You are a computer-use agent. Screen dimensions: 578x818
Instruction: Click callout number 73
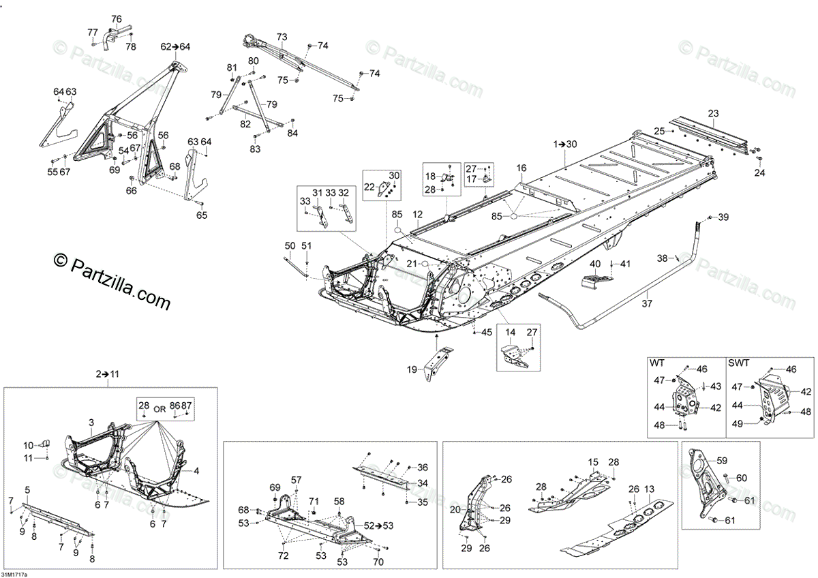pos(282,36)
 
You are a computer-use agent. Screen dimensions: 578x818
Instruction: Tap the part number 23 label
pos(713,114)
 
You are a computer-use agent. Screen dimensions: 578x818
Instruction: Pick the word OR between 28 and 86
pos(160,409)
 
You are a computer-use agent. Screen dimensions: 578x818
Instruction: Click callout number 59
pos(722,460)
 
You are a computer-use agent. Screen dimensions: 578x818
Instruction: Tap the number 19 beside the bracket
pos(412,369)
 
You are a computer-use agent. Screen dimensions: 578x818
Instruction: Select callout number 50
pos(290,245)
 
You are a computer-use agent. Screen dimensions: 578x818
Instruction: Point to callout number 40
pos(595,264)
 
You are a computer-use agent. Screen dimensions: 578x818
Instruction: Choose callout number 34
pos(423,483)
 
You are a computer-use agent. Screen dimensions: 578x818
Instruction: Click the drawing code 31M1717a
pos(15,574)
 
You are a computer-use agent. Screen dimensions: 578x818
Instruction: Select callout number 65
pos(202,215)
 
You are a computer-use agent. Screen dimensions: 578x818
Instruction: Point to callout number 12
pos(417,214)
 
